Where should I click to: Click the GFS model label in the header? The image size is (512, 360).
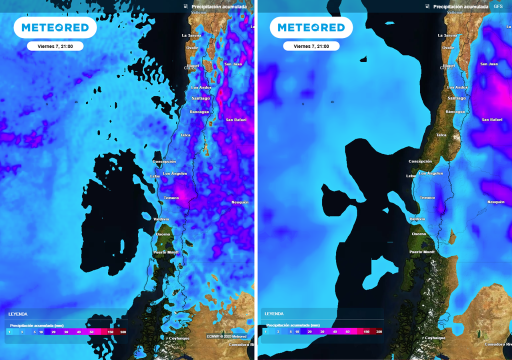(498, 6)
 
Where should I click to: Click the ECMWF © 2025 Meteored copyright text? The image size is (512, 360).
(226, 336)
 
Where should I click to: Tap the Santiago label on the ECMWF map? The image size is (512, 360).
(200, 98)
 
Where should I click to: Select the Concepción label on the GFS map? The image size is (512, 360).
(420, 161)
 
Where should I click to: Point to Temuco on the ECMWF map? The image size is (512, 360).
(171, 197)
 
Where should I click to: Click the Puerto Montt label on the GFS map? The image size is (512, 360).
(422, 252)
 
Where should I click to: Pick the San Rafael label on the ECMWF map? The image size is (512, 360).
(236, 120)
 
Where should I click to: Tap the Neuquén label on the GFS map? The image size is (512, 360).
(495, 202)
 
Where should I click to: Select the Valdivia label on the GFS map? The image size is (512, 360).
(417, 219)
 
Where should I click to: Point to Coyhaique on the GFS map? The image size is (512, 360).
(434, 338)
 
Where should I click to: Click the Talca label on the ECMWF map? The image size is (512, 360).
(185, 135)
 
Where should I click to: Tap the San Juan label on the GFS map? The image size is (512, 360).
(489, 64)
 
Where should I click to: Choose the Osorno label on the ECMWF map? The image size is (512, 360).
(163, 234)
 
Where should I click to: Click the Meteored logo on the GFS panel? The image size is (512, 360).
(311, 27)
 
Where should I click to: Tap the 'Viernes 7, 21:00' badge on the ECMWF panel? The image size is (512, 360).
(55, 46)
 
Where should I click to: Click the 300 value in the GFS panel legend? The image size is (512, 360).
(379, 331)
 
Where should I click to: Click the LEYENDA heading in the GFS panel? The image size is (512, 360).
(274, 314)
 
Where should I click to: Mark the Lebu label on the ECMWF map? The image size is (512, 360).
(155, 176)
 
